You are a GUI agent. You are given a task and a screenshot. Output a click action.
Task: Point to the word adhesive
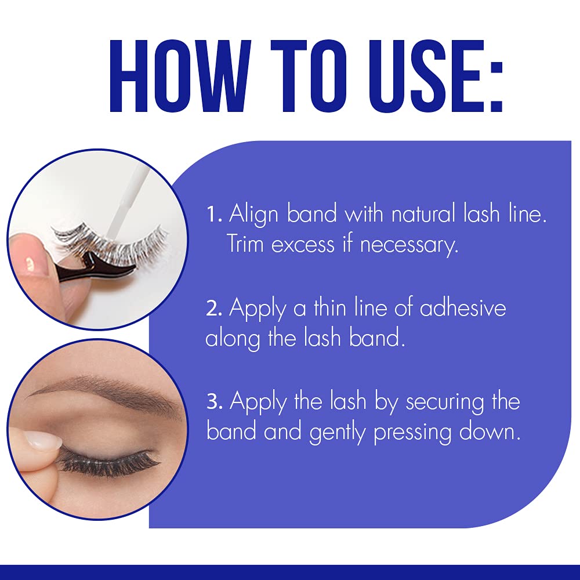(462, 308)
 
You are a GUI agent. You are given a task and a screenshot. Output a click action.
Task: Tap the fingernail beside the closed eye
(43, 440)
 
